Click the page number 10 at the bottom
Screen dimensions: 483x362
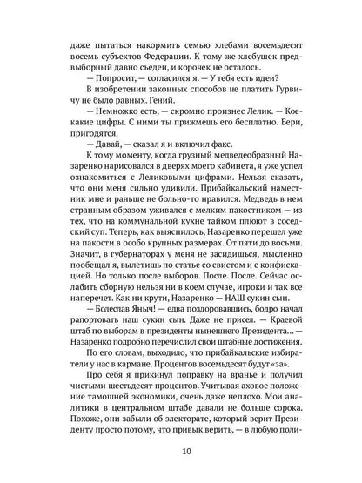point(181,453)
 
